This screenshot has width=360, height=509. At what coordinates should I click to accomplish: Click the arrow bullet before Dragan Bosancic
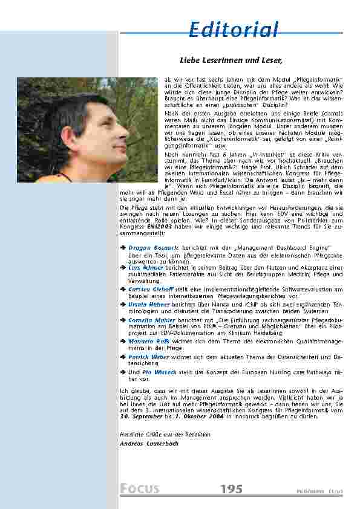123,248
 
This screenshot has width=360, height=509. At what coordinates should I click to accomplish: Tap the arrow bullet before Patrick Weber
123,357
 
